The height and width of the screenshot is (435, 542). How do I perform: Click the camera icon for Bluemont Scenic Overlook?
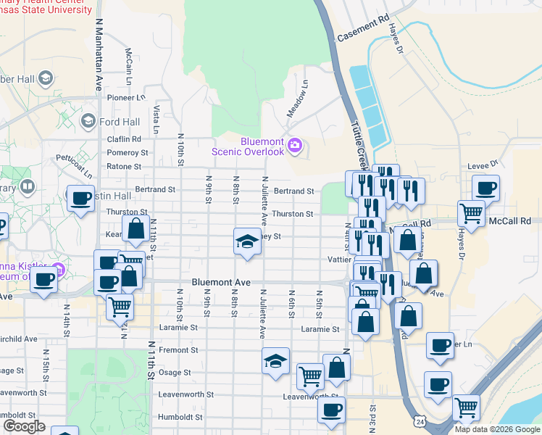click(294, 145)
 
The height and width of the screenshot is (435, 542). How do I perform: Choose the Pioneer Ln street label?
click(124, 97)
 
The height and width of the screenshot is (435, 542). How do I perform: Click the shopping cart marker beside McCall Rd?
click(472, 214)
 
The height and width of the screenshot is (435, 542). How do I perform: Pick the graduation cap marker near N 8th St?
click(247, 241)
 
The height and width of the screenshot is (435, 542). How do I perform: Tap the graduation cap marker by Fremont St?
click(275, 360)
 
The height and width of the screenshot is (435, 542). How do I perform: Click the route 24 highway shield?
click(420, 420)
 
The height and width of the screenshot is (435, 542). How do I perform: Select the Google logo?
click(24, 426)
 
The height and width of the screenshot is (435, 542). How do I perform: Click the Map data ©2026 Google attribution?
click(496, 429)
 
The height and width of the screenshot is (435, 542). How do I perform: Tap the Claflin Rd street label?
click(124, 139)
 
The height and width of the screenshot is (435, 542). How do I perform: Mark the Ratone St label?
click(124, 167)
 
